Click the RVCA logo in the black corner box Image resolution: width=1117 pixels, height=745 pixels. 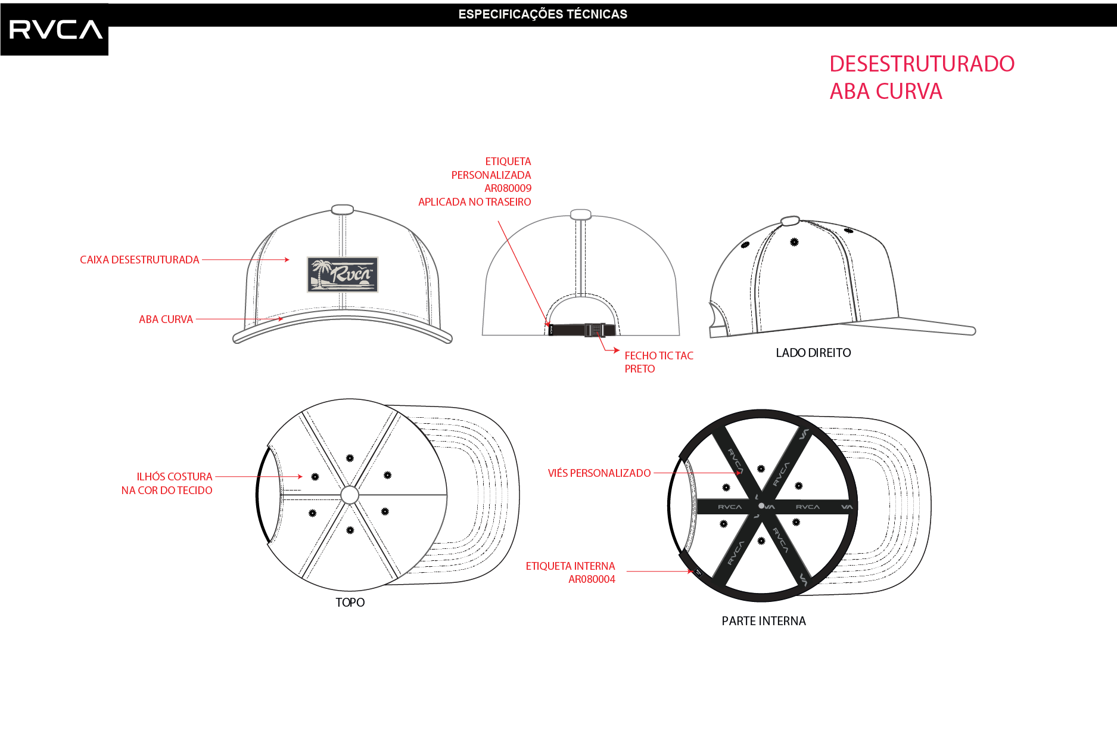pyautogui.click(x=56, y=29)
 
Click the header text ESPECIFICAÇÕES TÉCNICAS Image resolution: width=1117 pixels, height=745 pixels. pyautogui.click(x=543, y=14)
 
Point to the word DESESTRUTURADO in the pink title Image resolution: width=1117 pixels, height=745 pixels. pyautogui.click(x=922, y=64)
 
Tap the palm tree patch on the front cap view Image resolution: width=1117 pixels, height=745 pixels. pyautogui.click(x=343, y=274)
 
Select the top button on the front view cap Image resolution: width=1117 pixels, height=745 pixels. pyautogui.click(x=342, y=209)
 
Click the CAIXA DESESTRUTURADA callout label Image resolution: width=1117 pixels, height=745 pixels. pyautogui.click(x=139, y=260)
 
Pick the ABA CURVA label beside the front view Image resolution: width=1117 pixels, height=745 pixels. pyautogui.click(x=166, y=319)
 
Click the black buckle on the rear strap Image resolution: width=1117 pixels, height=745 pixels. pyautogui.click(x=594, y=330)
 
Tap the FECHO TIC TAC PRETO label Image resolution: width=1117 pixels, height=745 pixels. pyautogui.click(x=659, y=362)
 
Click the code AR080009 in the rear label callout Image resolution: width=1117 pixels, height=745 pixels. pyautogui.click(x=508, y=188)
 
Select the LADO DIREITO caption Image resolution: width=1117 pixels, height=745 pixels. pyautogui.click(x=813, y=353)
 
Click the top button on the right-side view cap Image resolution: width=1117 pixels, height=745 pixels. pyautogui.click(x=790, y=221)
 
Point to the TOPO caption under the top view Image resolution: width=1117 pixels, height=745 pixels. pyautogui.click(x=350, y=603)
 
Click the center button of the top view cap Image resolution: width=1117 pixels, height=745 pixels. pyautogui.click(x=350, y=495)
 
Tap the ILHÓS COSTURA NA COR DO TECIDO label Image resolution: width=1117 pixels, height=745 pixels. pyautogui.click(x=167, y=483)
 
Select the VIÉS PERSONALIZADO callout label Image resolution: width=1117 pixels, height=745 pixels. pyautogui.click(x=599, y=473)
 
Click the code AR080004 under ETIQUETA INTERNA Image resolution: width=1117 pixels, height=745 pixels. pyautogui.click(x=592, y=579)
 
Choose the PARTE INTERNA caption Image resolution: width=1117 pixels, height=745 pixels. pyautogui.click(x=764, y=621)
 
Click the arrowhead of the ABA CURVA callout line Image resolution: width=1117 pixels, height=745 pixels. pyautogui.click(x=280, y=319)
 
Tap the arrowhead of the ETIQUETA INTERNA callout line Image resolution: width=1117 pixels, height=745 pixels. pyautogui.click(x=690, y=572)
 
